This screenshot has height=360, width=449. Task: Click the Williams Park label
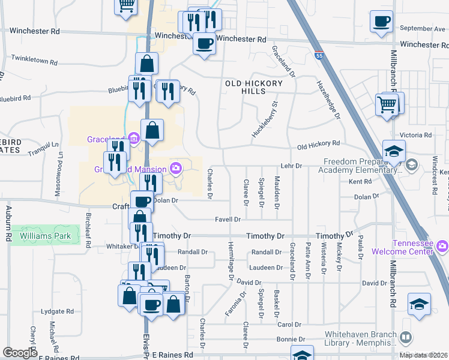(x=45, y=236)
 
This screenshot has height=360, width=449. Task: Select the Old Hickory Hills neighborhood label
(x=253, y=87)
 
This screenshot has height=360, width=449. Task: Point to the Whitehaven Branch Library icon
(x=406, y=338)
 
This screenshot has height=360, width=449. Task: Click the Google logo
(x=20, y=353)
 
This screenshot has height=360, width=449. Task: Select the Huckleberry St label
(x=265, y=120)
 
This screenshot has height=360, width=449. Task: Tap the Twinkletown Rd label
(x=35, y=62)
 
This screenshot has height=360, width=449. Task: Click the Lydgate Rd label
(x=57, y=312)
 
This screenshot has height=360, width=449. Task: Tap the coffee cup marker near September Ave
(x=382, y=23)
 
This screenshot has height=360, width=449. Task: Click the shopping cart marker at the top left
(x=126, y=5)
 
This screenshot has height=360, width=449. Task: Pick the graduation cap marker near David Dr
(x=419, y=304)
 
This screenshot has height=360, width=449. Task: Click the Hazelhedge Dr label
(x=327, y=99)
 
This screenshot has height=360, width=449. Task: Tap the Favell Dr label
(x=228, y=220)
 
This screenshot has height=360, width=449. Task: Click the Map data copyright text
(x=423, y=355)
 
